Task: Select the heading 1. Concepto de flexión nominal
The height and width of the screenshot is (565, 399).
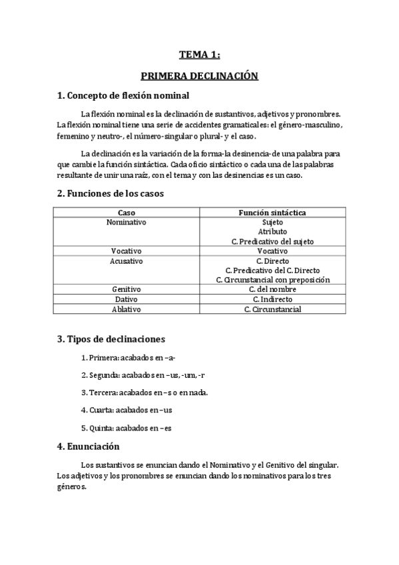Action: [123, 95]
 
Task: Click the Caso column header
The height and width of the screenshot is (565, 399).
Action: [126, 213]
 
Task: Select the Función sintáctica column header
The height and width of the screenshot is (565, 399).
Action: [272, 213]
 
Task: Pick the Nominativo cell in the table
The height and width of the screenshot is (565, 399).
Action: [126, 222]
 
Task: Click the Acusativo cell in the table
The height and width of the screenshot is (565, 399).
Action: [126, 261]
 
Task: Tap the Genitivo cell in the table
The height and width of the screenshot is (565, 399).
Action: [126, 290]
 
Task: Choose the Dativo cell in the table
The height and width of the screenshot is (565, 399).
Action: [126, 300]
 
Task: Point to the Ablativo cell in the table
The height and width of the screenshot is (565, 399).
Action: [126, 309]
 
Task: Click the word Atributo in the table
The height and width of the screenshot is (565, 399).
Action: [272, 232]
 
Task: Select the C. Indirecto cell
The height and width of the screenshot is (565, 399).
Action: [272, 300]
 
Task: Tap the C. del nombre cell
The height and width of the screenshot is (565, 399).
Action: [272, 290]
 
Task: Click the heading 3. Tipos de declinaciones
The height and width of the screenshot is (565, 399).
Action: [111, 339]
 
